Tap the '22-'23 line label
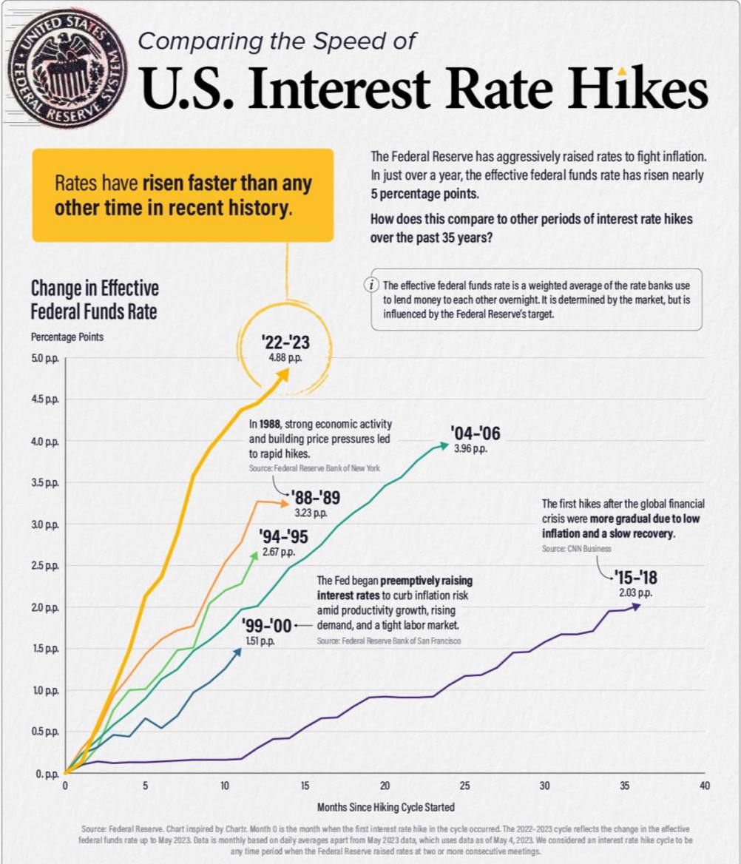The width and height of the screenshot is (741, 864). pos(285,342)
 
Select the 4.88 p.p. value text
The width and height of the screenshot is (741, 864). pos(285,357)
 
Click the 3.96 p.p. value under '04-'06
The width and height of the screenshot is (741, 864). pos(470,449)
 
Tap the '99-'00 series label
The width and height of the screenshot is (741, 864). pos(266,626)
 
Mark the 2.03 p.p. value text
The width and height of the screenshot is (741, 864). pos(635,593)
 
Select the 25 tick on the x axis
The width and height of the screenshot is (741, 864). pos(464,785)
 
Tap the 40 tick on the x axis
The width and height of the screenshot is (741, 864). pos(704,785)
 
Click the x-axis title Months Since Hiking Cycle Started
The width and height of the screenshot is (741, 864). pos(386,806)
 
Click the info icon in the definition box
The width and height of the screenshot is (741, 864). pos(373,286)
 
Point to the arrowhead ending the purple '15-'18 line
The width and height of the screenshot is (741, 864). pos(637,606)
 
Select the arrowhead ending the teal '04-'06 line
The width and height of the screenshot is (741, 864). pos(444,445)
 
